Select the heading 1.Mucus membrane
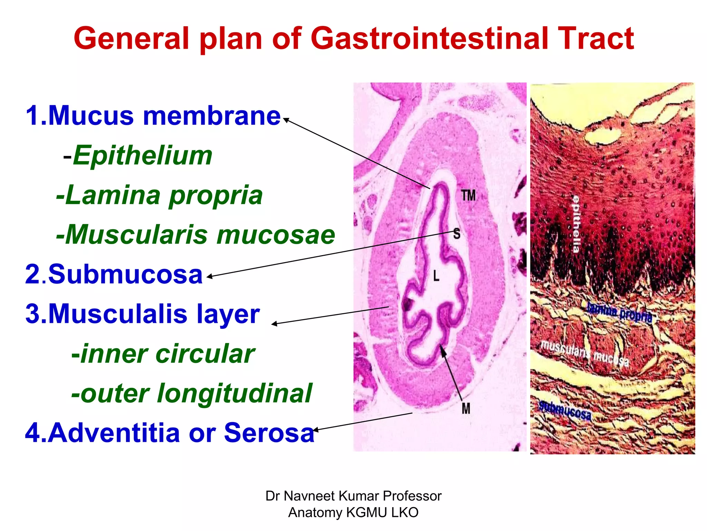(153, 116)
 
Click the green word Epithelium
(143, 156)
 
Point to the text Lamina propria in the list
(159, 195)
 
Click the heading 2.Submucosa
(114, 274)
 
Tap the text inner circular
(163, 354)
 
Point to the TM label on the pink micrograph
(468, 196)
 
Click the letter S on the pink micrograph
(457, 234)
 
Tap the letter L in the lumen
(436, 276)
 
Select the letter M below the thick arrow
(466, 409)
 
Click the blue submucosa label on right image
(565, 411)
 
